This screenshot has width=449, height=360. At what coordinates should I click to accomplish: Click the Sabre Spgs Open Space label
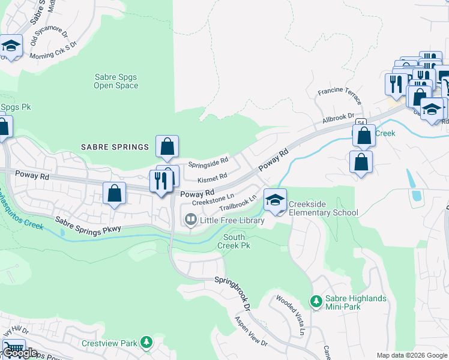click(116, 81)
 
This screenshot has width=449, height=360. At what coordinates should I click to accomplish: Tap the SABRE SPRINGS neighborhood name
click(115, 147)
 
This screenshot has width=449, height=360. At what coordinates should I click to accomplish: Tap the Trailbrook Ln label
click(238, 202)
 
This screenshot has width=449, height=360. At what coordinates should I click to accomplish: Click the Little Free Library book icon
click(191, 220)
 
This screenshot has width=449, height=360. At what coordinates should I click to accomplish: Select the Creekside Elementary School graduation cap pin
click(275, 200)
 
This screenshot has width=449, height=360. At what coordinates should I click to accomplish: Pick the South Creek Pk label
click(234, 241)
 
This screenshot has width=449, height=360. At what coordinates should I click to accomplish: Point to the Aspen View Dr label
click(251, 331)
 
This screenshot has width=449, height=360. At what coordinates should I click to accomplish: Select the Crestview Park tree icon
click(145, 343)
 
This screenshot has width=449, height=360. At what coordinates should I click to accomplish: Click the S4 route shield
click(360, 122)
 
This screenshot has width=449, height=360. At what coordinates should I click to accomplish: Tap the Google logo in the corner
click(20, 353)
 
